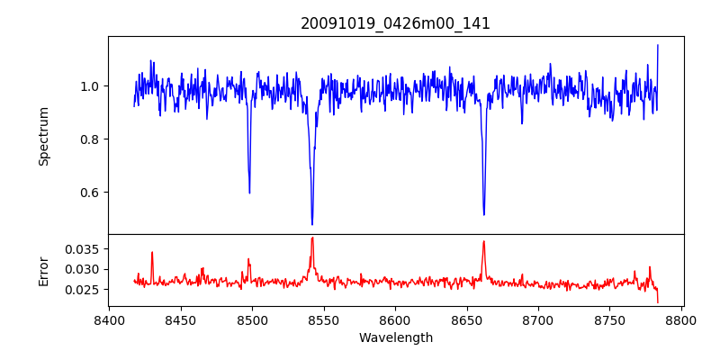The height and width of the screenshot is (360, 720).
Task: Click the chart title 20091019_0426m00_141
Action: tap(395, 23)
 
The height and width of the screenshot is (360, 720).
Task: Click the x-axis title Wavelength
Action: tap(395, 337)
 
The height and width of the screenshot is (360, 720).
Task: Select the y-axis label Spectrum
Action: tap(43, 136)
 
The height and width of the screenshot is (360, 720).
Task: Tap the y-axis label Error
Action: tap(43, 270)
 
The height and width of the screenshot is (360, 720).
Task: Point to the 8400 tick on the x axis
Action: tap(109, 319)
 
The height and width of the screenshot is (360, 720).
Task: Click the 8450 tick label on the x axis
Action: tap(180, 319)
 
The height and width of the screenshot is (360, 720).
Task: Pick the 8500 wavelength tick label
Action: tap(252, 319)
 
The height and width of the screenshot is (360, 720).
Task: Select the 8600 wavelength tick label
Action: tap(395, 319)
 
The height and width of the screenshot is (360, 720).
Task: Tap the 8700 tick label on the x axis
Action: tap(538, 319)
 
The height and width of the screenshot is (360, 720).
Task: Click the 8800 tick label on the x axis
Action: tap(681, 319)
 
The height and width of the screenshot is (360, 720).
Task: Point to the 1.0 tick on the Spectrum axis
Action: tap(93, 86)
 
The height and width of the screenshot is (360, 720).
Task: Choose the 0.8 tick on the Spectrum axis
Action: tap(93, 139)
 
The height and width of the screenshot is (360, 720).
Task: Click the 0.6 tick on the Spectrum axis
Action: tap(93, 193)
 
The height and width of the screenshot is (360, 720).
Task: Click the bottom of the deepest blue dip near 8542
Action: tap(312, 224)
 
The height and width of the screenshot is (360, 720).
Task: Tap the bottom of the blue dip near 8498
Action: tap(249, 192)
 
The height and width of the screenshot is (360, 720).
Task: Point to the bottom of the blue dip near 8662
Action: tap(484, 214)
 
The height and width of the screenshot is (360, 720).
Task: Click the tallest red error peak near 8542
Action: tap(312, 238)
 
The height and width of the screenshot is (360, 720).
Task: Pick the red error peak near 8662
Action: tap(484, 241)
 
